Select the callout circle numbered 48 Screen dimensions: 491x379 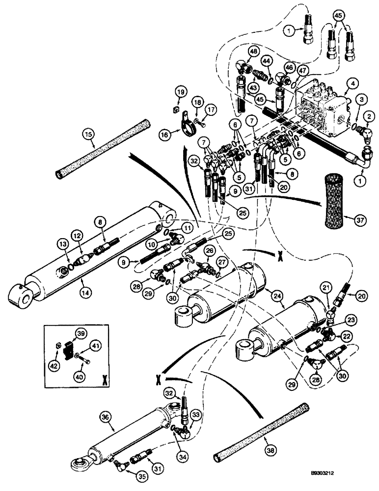coord(253,51)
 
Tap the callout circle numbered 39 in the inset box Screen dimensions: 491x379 coord(79,333)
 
